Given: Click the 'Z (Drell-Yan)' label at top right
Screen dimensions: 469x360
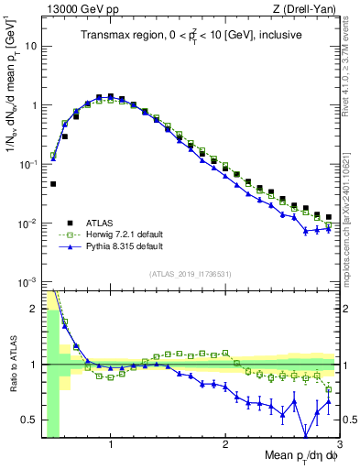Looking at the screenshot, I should point(308,9).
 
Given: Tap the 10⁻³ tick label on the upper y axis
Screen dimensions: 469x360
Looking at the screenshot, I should point(27,282).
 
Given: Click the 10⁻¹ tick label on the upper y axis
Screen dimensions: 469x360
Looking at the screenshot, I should point(27,164).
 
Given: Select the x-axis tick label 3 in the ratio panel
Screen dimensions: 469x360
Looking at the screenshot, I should point(339,446).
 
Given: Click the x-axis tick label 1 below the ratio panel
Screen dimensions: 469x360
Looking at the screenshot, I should point(111,446).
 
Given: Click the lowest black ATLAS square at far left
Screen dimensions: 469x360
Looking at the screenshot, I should point(53,184).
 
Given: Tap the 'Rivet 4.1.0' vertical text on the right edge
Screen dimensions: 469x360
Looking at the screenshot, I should point(349,55).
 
